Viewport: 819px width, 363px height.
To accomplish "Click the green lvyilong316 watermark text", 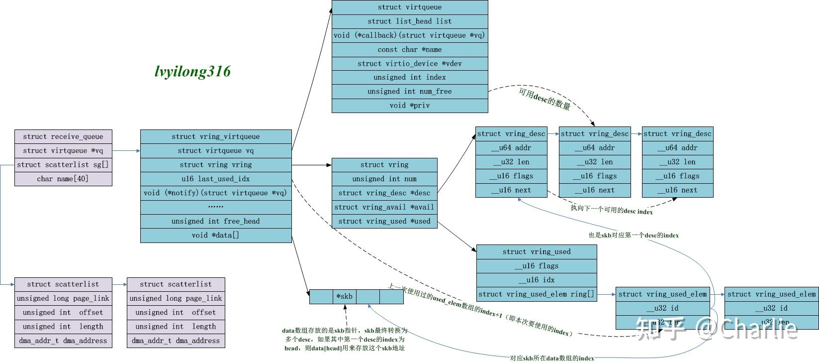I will [x=192, y=71].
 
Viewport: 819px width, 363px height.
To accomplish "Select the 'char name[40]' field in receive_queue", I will [x=63, y=179].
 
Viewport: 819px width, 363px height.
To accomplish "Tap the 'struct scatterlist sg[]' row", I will [x=63, y=165].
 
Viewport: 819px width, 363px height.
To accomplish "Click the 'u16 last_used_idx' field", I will [x=216, y=179].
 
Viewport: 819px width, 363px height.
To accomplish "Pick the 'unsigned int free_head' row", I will [x=216, y=221].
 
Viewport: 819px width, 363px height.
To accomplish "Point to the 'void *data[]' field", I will [x=216, y=235].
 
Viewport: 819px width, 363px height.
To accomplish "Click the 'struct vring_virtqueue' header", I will [x=216, y=136].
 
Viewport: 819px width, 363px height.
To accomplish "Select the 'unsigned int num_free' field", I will [x=410, y=91].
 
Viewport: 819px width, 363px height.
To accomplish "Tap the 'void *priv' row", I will [x=410, y=105].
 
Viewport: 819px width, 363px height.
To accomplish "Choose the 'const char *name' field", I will [x=410, y=49].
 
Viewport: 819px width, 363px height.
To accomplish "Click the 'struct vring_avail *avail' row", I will [x=384, y=207].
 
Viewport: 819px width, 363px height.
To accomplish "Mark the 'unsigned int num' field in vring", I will [x=384, y=179].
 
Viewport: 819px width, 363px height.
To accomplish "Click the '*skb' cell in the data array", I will [x=344, y=297].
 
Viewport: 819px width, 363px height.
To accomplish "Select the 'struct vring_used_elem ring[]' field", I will [x=537, y=294].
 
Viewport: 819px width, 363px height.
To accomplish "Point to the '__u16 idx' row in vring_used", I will [x=537, y=280].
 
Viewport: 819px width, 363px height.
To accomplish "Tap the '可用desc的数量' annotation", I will [x=545, y=99].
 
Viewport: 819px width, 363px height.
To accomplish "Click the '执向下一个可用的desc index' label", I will [x=612, y=210].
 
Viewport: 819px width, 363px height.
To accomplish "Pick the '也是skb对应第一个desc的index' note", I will [x=634, y=235].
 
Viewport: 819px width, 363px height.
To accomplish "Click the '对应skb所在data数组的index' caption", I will [x=552, y=358].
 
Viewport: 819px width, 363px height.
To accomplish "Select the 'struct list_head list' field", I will [x=410, y=21].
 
